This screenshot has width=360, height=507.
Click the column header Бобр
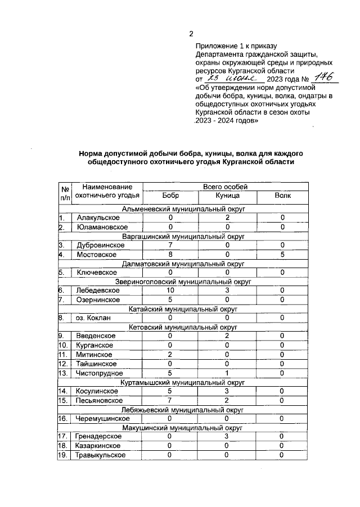[x=170, y=196]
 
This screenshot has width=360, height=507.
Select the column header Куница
[x=228, y=196]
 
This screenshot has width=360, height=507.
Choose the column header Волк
[x=282, y=196]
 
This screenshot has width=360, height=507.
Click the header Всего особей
[x=224, y=187]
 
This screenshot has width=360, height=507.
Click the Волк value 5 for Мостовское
[x=282, y=254]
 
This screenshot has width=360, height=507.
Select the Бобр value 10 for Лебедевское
[x=170, y=291]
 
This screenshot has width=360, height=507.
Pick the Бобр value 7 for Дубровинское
[x=170, y=245]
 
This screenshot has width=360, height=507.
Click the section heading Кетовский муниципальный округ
[x=184, y=327]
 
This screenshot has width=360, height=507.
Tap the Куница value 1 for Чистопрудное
[x=228, y=373]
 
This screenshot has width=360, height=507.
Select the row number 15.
[x=64, y=400]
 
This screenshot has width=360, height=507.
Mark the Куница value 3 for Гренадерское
[x=228, y=437]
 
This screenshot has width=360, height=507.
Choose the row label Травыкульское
[x=100, y=455]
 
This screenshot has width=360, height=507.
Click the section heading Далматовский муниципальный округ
[x=184, y=263]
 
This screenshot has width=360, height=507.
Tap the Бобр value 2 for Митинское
[x=170, y=355]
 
